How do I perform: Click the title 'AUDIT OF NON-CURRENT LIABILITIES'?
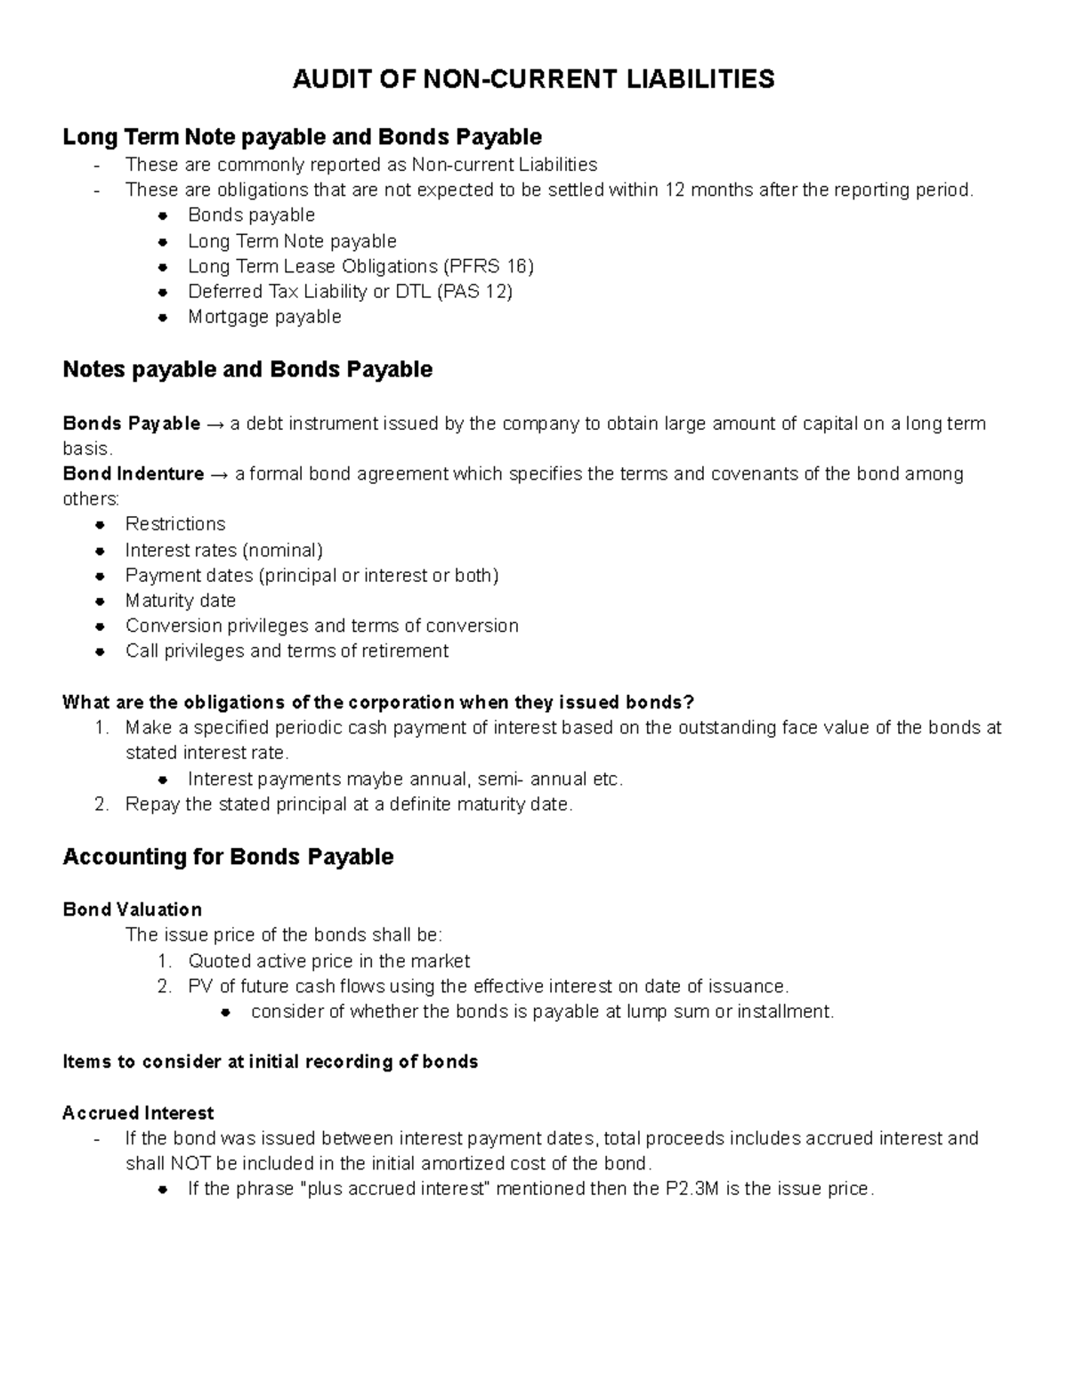[x=534, y=79]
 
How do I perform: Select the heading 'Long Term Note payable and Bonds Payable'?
[x=302, y=137]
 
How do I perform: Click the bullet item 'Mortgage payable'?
[x=264, y=317]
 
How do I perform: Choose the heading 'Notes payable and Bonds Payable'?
[x=247, y=369]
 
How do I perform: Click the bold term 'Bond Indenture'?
[x=133, y=473]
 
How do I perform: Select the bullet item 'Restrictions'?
[x=175, y=523]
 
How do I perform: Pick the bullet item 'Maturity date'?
[x=181, y=601]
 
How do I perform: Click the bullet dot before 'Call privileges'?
[x=101, y=651]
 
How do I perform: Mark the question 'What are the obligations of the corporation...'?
[x=377, y=702]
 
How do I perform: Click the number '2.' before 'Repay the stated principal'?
[x=101, y=804]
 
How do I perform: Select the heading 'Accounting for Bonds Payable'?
[x=228, y=857]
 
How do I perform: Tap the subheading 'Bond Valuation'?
[x=133, y=909]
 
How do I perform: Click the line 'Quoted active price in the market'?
[x=328, y=961]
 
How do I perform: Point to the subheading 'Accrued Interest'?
[x=138, y=1113]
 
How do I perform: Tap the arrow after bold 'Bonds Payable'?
[x=215, y=424]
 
